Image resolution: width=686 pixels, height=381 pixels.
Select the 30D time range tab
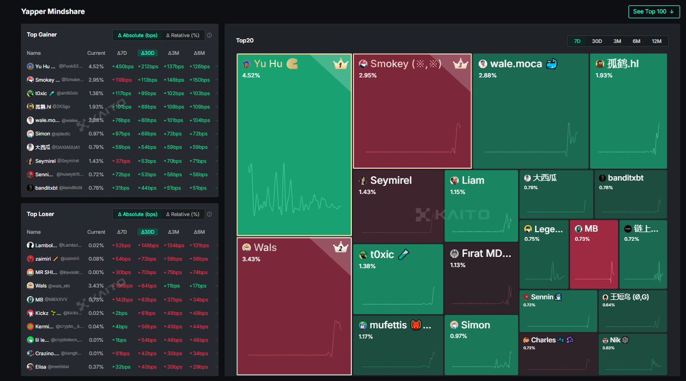click(597, 41)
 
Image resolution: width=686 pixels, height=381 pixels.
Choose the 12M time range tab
click(656, 41)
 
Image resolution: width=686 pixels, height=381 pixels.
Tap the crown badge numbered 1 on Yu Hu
click(341, 64)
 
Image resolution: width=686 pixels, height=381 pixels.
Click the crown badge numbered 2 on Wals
click(341, 248)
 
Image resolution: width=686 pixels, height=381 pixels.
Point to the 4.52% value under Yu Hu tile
click(251, 75)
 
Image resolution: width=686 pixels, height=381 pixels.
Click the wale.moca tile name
click(516, 64)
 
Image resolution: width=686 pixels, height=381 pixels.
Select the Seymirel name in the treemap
click(390, 180)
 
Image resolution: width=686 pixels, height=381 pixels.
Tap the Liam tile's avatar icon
click(454, 180)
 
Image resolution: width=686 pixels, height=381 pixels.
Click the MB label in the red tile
click(591, 229)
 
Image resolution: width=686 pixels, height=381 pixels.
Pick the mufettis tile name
click(388, 325)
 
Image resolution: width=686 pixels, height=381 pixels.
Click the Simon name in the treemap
click(475, 325)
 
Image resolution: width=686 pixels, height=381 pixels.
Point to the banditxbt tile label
click(625, 178)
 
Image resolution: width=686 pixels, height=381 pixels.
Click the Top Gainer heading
click(42, 35)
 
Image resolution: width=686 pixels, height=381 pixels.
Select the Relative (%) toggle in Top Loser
click(182, 215)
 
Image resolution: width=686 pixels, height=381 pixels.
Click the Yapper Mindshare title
click(53, 11)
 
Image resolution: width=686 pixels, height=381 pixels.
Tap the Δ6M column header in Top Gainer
click(199, 53)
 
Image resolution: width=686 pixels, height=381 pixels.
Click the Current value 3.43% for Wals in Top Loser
click(96, 286)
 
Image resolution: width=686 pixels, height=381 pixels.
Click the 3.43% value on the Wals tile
click(251, 259)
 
